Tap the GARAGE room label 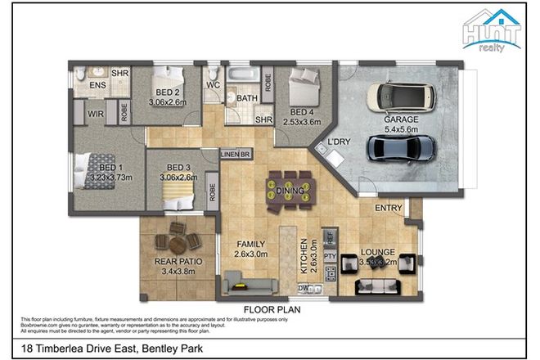400,119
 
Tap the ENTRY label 388,209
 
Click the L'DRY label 339,142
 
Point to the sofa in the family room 250,285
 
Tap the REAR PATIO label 178,262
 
